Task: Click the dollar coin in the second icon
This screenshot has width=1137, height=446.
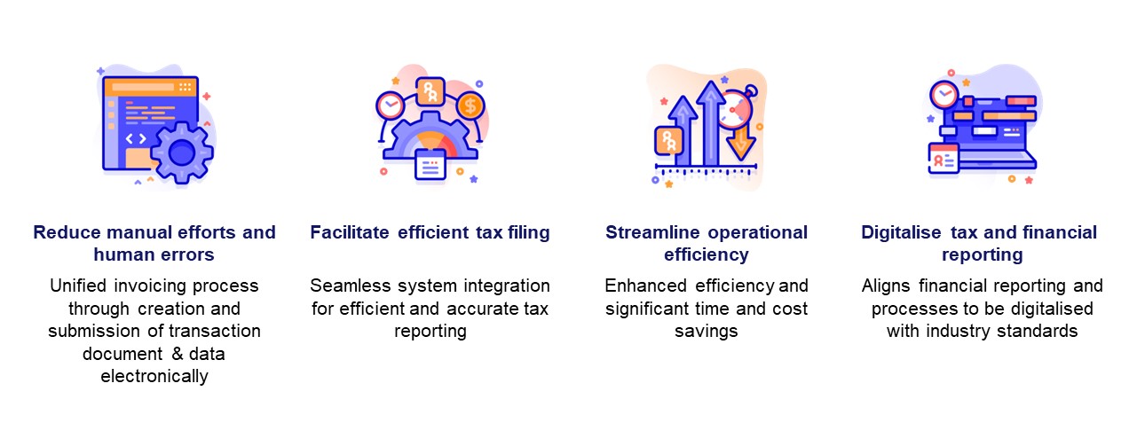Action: (470, 106)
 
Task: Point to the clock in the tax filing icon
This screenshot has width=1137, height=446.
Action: (389, 106)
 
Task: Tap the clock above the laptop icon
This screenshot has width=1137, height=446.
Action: (944, 94)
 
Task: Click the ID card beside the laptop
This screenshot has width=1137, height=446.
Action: (943, 159)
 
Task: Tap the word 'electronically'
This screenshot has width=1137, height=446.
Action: (154, 376)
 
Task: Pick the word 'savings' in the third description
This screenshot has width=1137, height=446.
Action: (707, 332)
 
